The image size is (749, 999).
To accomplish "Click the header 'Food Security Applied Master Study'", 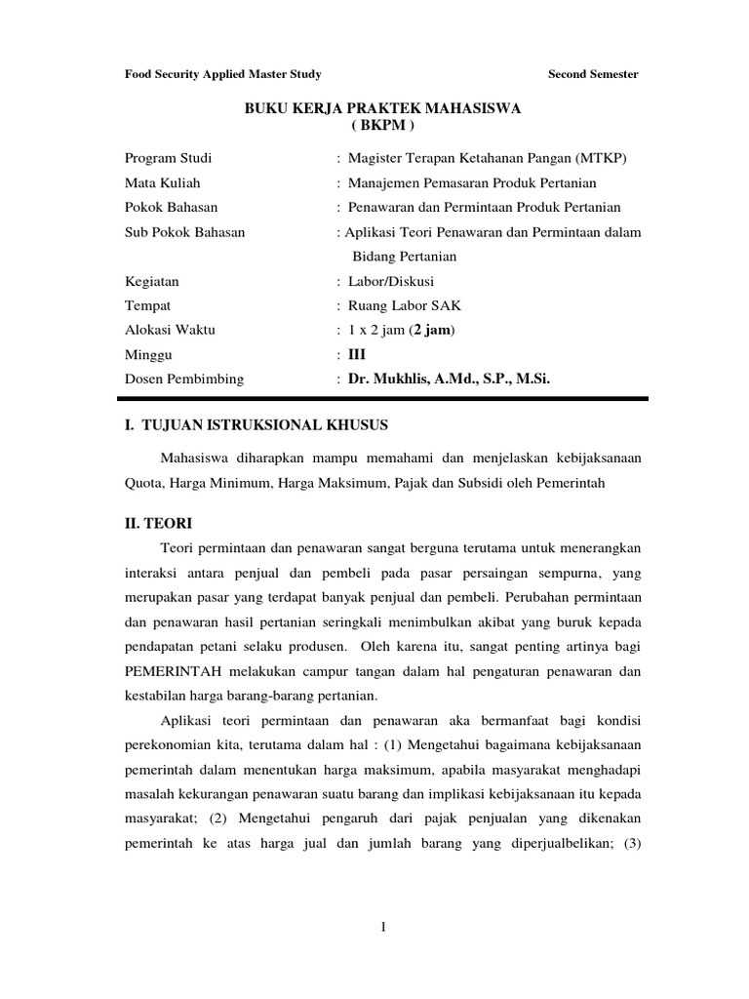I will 223,74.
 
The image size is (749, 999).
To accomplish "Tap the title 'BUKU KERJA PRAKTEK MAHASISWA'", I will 382,110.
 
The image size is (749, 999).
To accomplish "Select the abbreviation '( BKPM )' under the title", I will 381,126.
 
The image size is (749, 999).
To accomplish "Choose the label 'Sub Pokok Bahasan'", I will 185,232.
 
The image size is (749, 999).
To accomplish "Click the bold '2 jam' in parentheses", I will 432,331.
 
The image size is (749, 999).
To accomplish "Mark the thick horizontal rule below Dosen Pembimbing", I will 381,399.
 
